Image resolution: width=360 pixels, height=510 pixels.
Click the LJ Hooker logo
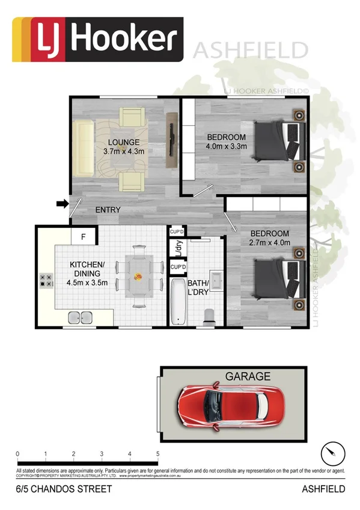[x=97, y=39]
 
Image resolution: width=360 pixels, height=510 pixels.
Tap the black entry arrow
[x=62, y=204]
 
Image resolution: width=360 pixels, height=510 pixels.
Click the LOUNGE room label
[x=123, y=142]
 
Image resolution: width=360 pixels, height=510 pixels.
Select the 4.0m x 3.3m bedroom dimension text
[x=227, y=146]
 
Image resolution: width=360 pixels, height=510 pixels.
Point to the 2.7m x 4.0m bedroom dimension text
[x=270, y=243]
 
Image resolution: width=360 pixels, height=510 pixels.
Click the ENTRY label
[x=108, y=210]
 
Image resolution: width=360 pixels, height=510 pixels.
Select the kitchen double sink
[x=81, y=317]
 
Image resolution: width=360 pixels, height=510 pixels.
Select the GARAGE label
[x=247, y=376]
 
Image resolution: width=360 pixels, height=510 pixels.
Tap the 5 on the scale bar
[x=157, y=453]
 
